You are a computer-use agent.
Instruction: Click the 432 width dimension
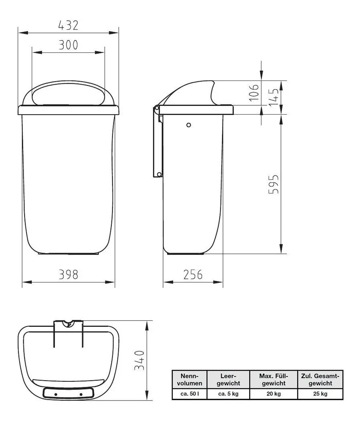tap(68, 26)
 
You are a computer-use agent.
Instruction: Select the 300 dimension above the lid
tap(68, 45)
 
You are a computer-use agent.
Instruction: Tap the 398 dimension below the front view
tap(68, 275)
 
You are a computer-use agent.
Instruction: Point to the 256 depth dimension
tap(193, 275)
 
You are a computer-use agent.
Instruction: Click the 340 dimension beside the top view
tap(139, 360)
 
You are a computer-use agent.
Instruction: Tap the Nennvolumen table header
tap(189, 379)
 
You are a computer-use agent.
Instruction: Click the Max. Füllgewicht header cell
tap(274, 379)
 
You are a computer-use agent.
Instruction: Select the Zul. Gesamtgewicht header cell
tap(320, 379)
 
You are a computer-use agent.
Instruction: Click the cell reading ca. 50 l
tap(189, 394)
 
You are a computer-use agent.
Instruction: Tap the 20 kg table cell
tap(274, 394)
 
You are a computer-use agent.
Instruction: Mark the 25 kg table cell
tap(320, 394)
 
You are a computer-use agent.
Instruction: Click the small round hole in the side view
tap(189, 125)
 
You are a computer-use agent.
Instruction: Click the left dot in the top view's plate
tap(56, 395)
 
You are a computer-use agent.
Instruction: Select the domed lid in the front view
tap(68, 94)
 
